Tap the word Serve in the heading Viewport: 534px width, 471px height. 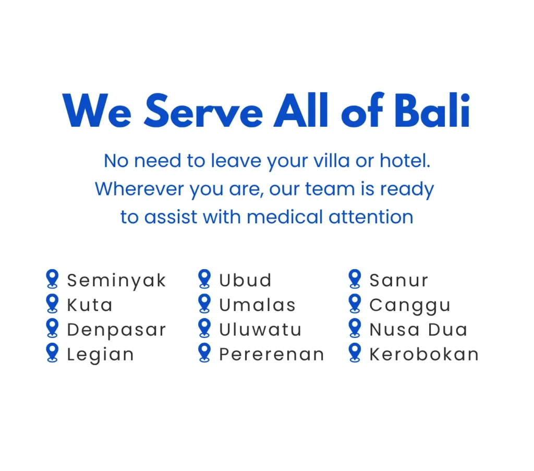[204, 111]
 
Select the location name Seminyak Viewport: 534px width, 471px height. [116, 281]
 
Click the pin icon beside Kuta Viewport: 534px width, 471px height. [52, 304]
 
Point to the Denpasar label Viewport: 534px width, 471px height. [116, 330]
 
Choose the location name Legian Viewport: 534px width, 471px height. [101, 355]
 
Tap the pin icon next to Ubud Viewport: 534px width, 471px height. [204, 279]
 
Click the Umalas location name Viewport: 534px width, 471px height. [257, 305]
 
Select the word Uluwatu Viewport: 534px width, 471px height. [260, 329]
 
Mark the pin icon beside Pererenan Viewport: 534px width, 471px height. [204, 353]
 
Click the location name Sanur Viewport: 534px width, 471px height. [398, 280]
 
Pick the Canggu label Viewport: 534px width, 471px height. [410, 306]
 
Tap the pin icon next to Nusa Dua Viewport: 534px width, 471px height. [355, 328]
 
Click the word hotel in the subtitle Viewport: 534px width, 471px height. [405, 161]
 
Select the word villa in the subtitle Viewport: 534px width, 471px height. [331, 161]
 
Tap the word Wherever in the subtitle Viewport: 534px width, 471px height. [139, 189]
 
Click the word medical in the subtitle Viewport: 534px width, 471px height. [285, 217]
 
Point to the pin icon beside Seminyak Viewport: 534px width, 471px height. [52, 279]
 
